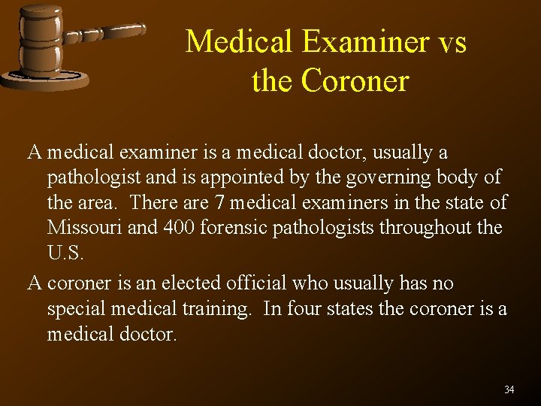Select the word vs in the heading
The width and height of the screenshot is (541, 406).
tap(452, 41)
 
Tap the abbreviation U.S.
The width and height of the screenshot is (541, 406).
tap(66, 253)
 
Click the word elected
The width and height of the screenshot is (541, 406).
tap(186, 283)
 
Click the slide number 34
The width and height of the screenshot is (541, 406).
tap(509, 389)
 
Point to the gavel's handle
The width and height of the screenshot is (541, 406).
tap(105, 34)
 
